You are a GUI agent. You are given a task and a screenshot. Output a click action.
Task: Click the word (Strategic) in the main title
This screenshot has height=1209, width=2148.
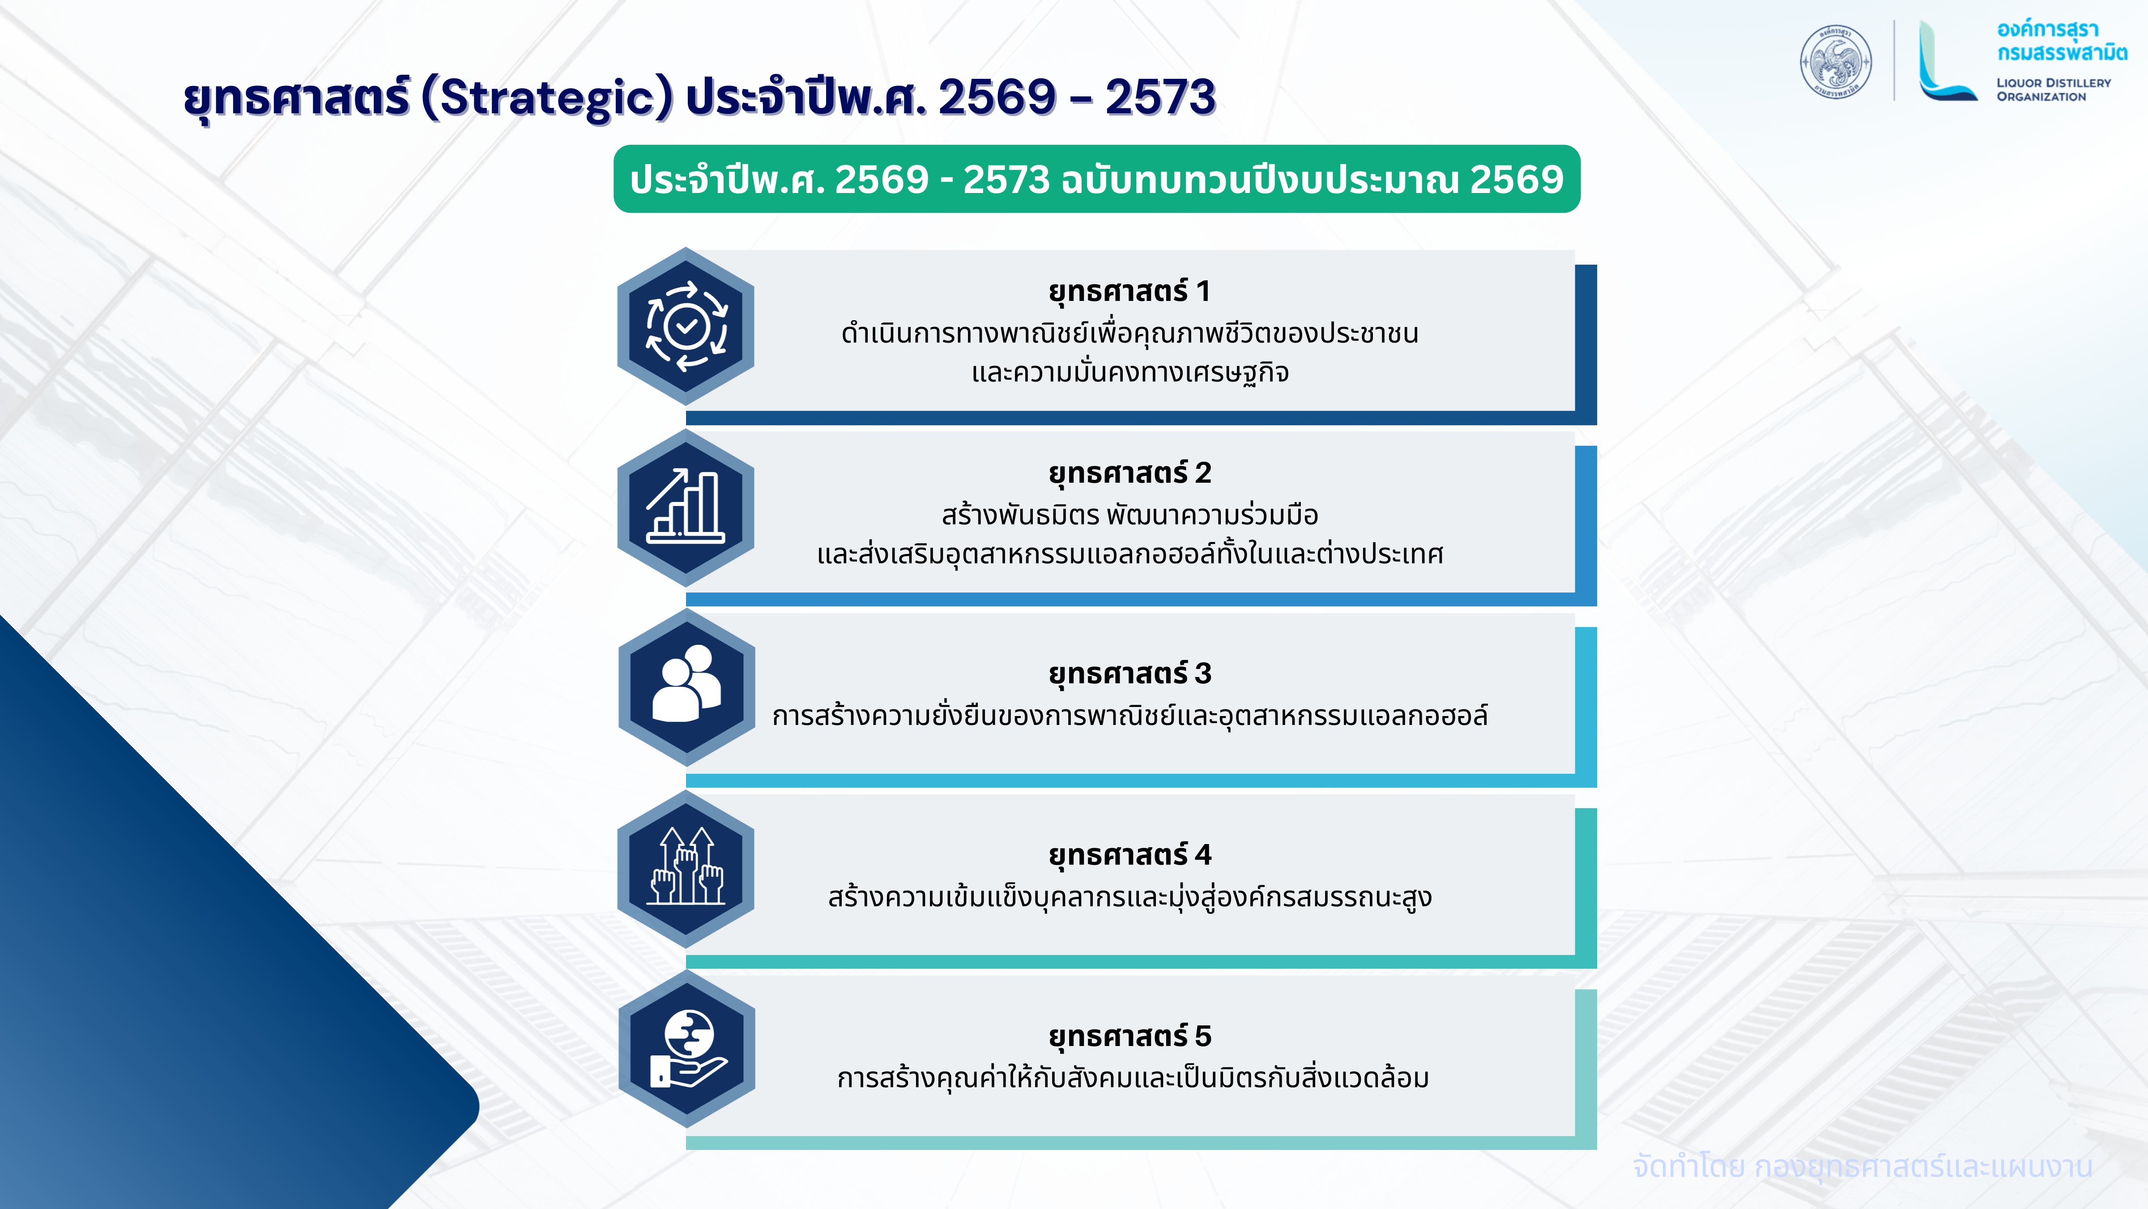tap(548, 98)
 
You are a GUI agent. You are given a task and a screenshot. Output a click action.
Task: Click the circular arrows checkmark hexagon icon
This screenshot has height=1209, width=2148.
tap(686, 326)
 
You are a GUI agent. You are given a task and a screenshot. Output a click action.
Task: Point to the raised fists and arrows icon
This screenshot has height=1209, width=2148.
tap(686, 869)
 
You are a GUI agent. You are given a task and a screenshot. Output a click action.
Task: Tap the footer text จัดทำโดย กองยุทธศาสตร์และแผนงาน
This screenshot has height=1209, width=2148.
tap(1862, 1166)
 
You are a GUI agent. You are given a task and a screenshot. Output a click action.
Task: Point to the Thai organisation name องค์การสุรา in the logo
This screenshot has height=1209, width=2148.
tap(2047, 30)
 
